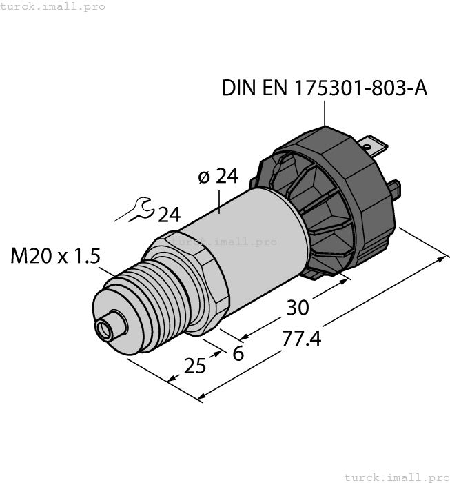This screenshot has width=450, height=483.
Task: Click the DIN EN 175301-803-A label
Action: pyautogui.click(x=324, y=88)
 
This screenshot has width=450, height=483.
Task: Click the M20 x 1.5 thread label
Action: pyautogui.click(x=55, y=256)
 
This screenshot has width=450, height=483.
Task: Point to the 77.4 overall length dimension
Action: pyautogui.click(x=301, y=339)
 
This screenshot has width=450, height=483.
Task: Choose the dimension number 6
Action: pyautogui.click(x=238, y=353)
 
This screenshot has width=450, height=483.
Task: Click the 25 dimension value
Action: pyautogui.click(x=195, y=366)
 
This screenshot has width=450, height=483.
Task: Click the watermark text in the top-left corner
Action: pyautogui.click(x=53, y=6)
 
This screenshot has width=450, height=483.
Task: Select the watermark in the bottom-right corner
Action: pyautogui.click(x=396, y=477)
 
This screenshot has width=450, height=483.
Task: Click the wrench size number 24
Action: pyautogui.click(x=169, y=215)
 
